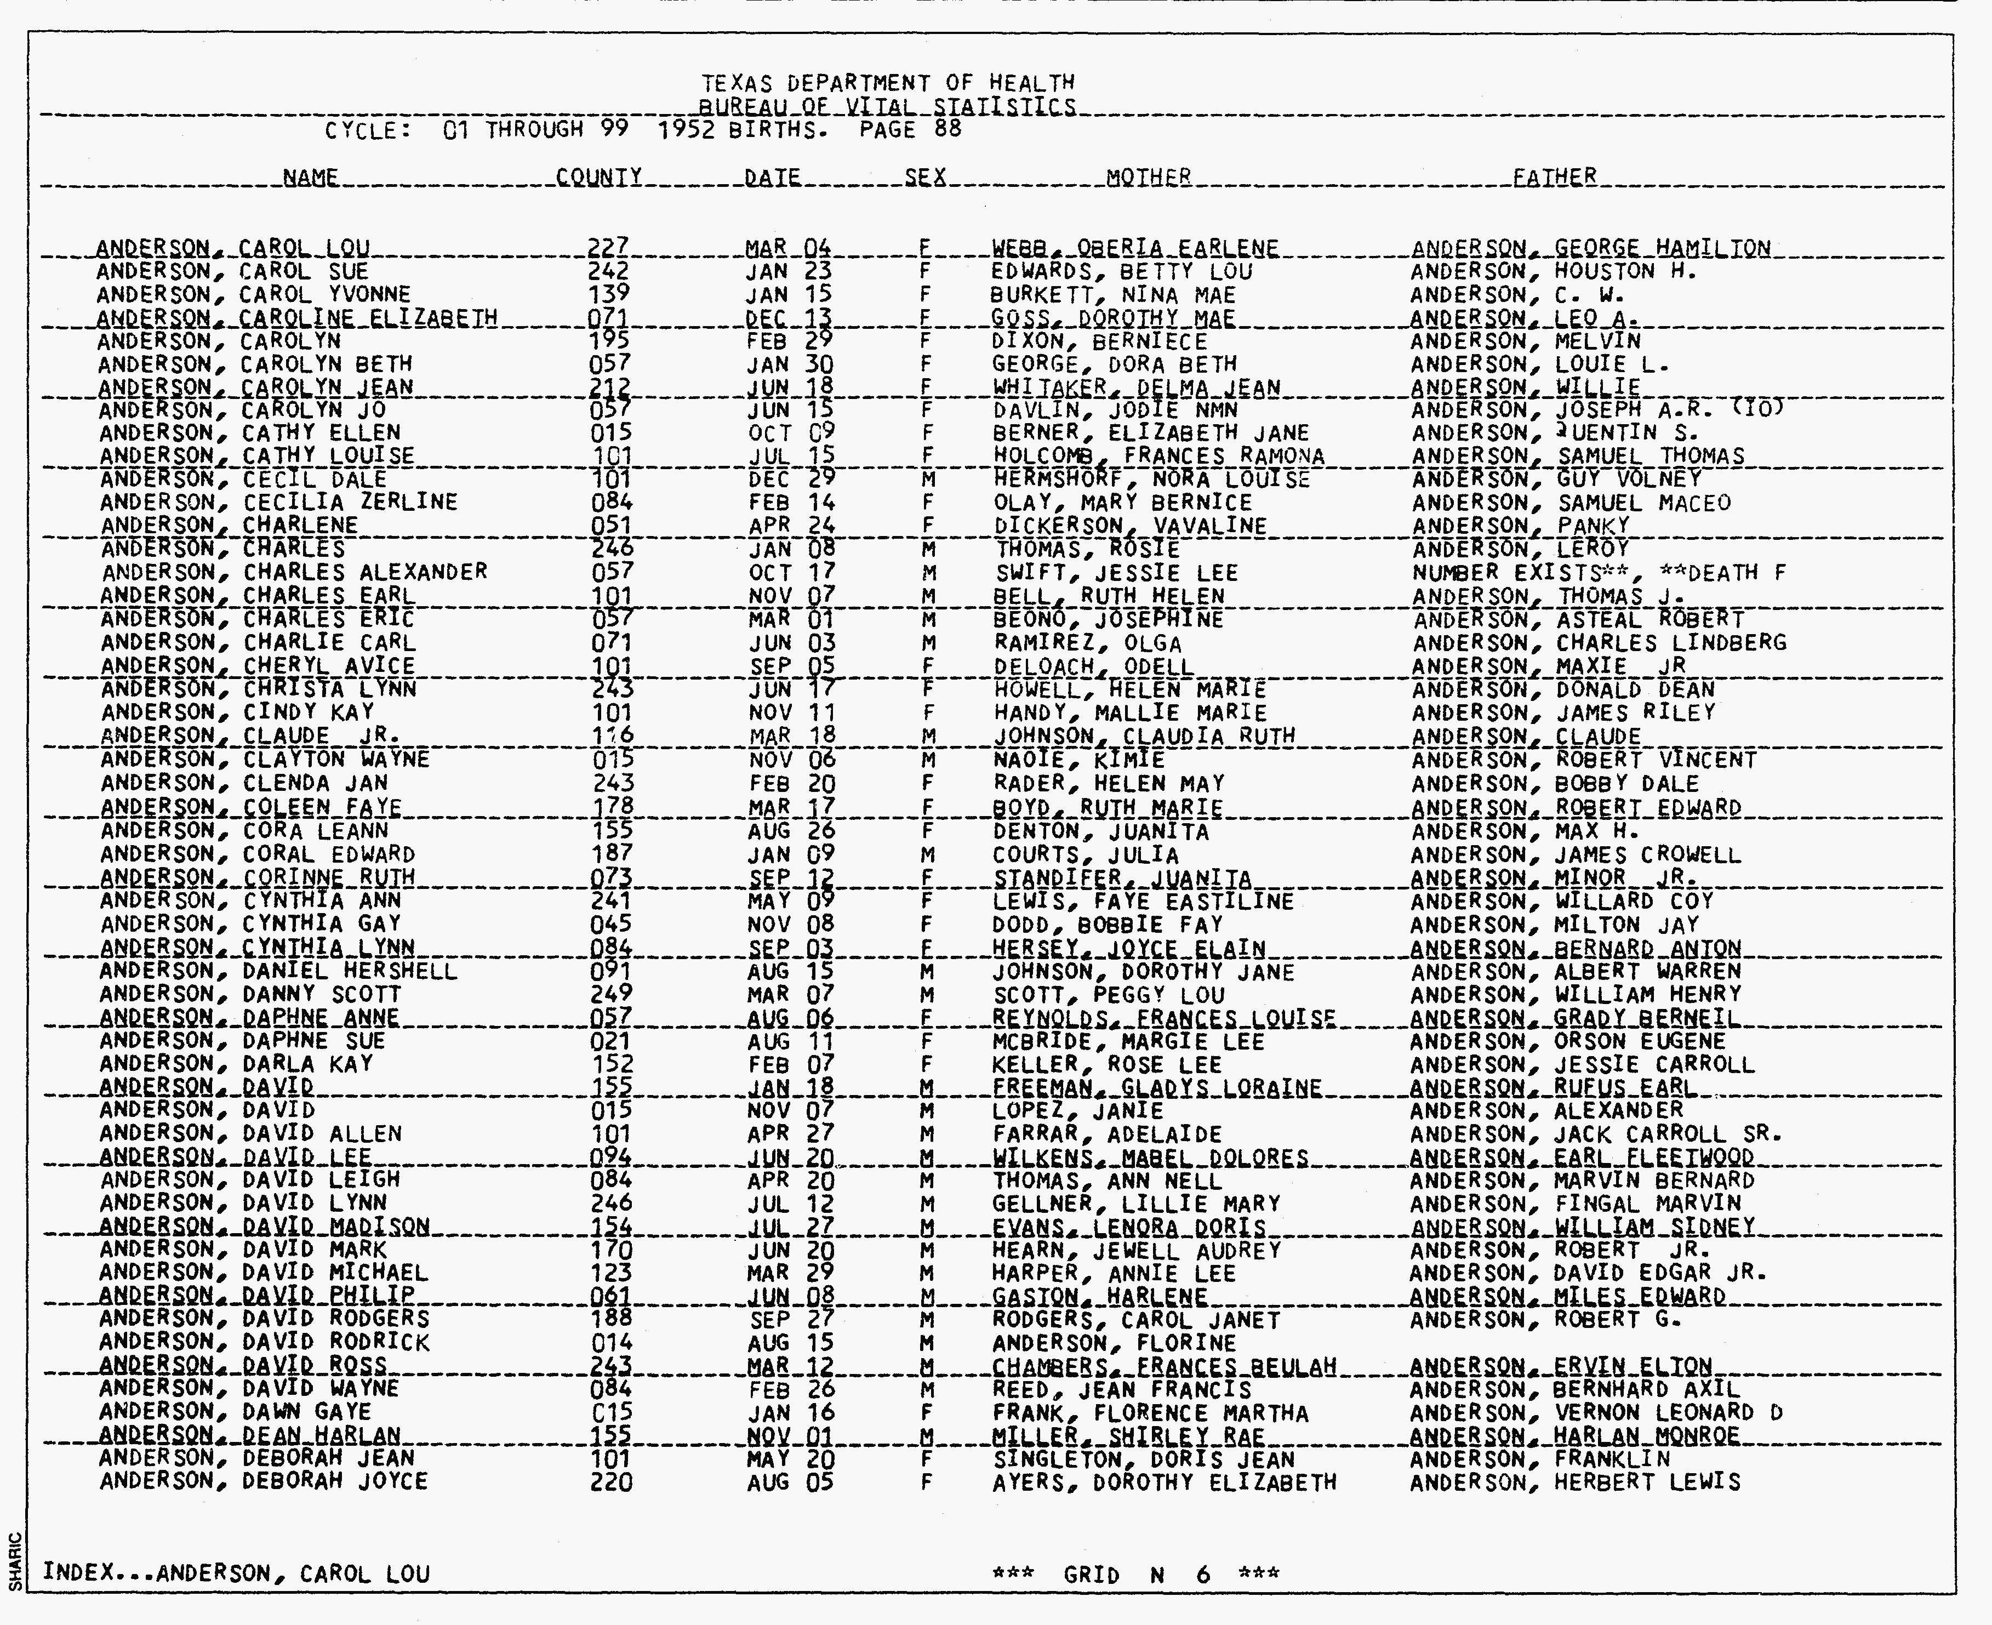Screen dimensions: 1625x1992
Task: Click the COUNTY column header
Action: tap(598, 177)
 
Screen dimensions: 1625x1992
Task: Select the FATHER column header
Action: tap(1554, 177)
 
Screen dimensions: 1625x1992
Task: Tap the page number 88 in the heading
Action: tap(948, 129)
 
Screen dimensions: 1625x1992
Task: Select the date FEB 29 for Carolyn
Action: tap(790, 341)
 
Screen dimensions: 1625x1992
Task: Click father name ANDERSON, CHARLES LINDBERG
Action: tap(1599, 643)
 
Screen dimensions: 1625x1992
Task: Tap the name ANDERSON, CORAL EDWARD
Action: tap(258, 854)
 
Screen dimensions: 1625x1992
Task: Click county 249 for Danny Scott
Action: tap(612, 994)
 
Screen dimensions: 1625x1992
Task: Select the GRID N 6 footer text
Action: tap(1135, 1575)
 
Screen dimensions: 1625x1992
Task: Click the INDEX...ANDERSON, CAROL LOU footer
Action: tap(236, 1573)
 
